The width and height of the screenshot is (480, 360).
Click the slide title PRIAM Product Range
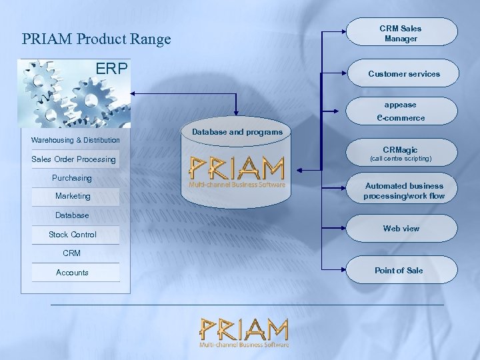click(96, 39)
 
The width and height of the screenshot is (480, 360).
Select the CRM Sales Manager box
click(401, 33)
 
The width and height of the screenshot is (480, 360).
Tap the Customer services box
click(404, 74)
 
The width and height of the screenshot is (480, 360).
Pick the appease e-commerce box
click(401, 111)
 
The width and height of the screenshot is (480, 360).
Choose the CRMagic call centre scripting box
click(401, 154)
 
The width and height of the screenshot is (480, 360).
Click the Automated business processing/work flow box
click(404, 191)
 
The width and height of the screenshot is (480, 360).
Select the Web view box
click(401, 229)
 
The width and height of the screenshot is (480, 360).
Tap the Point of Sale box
click(399, 270)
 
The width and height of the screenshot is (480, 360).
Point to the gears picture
click(73, 93)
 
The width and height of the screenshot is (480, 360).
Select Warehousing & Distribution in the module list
click(75, 140)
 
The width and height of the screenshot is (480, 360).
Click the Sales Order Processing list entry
click(73, 159)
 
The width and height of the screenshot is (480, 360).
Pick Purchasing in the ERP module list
click(72, 178)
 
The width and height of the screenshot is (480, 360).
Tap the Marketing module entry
click(73, 196)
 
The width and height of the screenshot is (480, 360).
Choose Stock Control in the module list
click(72, 235)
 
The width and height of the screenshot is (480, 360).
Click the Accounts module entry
click(72, 272)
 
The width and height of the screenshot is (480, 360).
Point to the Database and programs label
click(237, 132)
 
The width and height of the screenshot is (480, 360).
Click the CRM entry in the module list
click(71, 253)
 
